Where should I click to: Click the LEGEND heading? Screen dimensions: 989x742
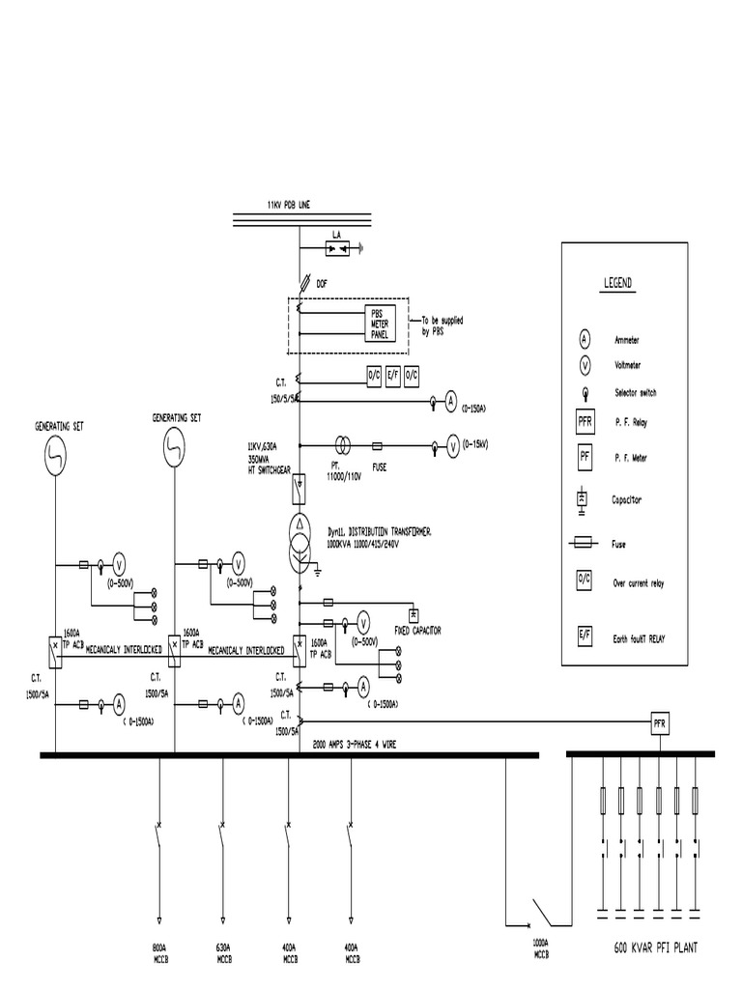pos(617,283)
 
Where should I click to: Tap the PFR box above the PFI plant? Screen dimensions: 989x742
pos(661,721)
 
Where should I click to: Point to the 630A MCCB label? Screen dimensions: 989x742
pos(222,952)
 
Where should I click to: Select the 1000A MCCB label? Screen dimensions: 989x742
pos(540,947)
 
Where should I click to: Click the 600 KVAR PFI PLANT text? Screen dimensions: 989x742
pos(655,948)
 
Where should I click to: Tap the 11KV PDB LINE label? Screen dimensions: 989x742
pos(289,205)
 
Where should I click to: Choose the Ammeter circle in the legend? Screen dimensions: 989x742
pos(585,339)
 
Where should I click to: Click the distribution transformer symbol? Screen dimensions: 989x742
pos(300,544)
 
